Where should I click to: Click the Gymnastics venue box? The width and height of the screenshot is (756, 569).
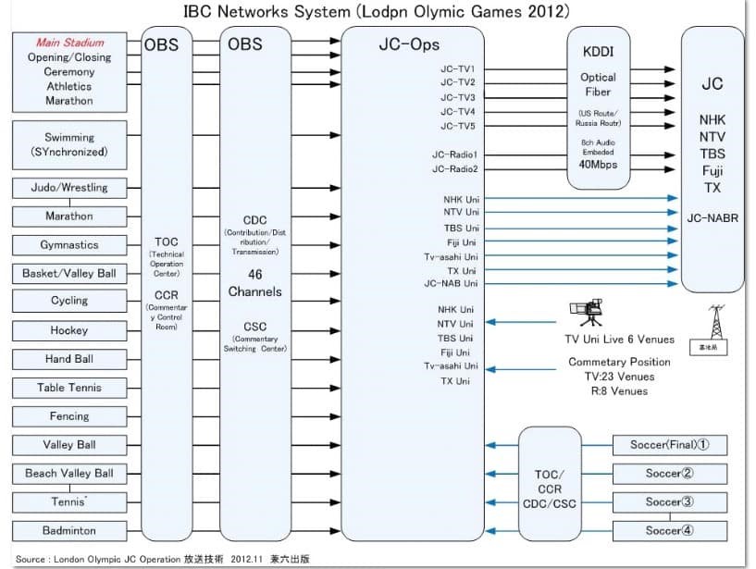(x=69, y=245)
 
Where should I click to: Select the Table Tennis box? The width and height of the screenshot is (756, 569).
(x=69, y=388)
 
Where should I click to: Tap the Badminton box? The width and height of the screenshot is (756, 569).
(x=69, y=531)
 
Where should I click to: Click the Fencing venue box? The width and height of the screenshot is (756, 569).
(x=69, y=416)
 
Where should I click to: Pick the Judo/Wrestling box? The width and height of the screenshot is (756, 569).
(x=69, y=188)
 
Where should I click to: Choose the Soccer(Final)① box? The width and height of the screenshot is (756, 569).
(x=669, y=445)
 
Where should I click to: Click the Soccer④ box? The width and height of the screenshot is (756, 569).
(x=669, y=531)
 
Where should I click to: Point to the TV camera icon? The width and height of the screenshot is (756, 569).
(x=584, y=315)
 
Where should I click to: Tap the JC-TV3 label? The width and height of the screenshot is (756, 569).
(x=458, y=97)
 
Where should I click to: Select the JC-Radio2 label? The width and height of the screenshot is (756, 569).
(x=454, y=169)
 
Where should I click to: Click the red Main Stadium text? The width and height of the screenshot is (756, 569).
(x=70, y=43)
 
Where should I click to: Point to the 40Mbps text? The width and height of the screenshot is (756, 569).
(x=598, y=164)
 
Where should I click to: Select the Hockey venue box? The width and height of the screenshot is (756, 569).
(x=69, y=330)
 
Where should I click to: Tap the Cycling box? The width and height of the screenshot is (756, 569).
(x=69, y=302)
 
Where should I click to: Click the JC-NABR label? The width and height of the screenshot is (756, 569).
(x=712, y=220)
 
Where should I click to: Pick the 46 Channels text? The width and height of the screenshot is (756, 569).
(x=255, y=283)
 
